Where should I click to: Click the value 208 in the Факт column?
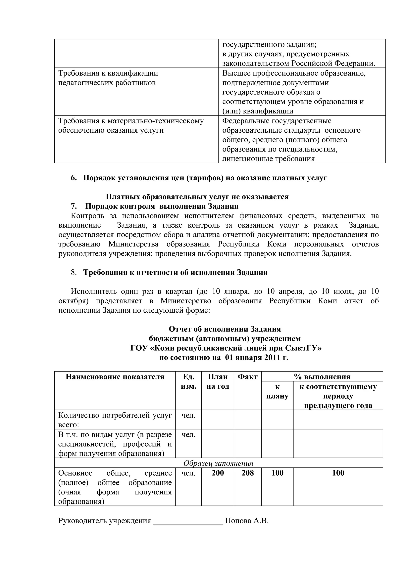[247, 473]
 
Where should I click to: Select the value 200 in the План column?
[218, 473]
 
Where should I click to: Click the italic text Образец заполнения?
[218, 463]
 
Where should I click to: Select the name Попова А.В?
[247, 520]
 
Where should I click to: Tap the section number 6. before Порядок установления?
[74, 178]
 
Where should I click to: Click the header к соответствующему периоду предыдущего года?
[338, 396]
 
